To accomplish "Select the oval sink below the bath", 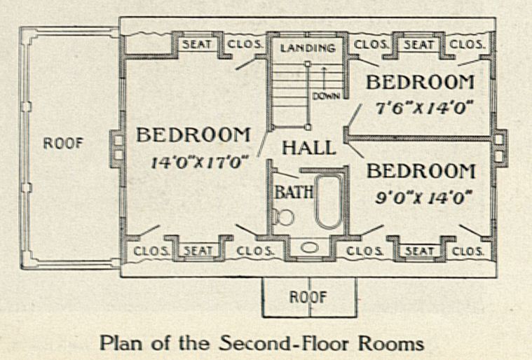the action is (309, 247).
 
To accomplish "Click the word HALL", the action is (309, 148).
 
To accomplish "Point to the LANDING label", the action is (308, 48).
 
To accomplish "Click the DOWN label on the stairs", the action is (326, 96).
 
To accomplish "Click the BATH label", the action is (294, 192).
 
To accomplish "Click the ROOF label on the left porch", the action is (63, 144).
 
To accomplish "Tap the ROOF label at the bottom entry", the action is (308, 297).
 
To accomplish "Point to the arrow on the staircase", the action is (325, 78).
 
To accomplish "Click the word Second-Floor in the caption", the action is (285, 343).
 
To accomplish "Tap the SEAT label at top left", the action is (197, 44).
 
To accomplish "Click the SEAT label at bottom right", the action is (419, 251).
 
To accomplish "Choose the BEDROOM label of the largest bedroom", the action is (193, 135).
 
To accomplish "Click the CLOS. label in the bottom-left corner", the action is (151, 251).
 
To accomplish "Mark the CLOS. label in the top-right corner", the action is (467, 45).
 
